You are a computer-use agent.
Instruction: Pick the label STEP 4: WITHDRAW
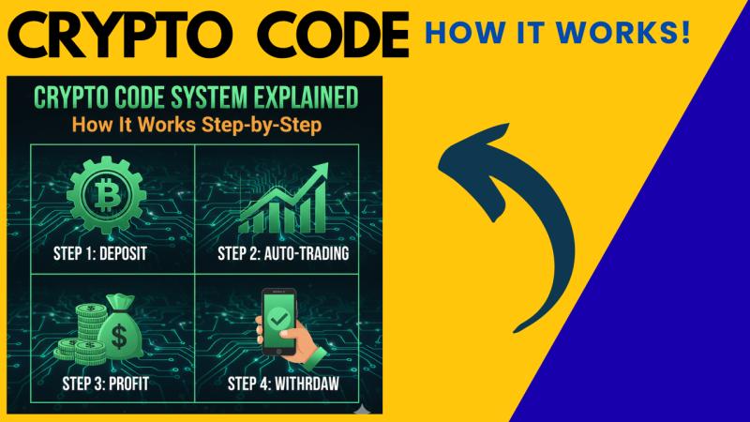point(282,384)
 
